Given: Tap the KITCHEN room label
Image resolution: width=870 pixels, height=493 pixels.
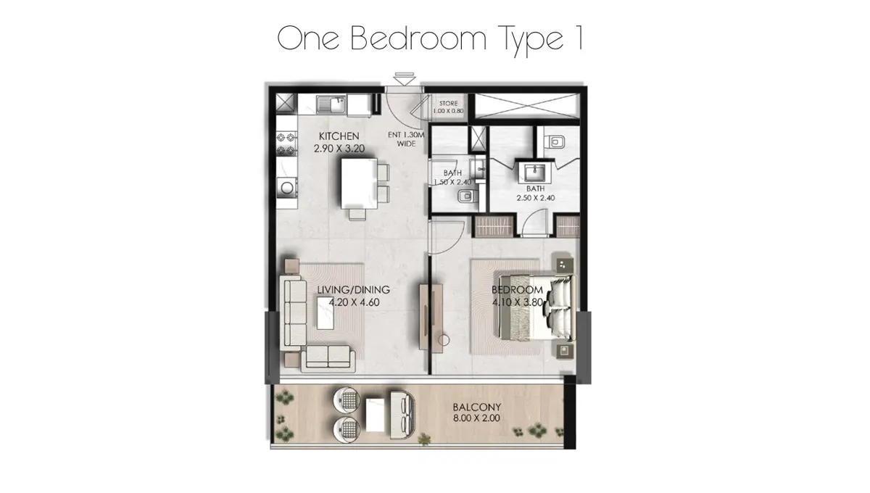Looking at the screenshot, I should tap(339, 136).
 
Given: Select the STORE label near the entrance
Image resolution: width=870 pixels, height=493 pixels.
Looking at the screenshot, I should tap(447, 104).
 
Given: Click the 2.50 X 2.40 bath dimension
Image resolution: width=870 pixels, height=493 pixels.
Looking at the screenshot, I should tap(535, 197).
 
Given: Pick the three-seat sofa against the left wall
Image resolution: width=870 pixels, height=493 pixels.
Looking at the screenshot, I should tap(294, 312).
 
